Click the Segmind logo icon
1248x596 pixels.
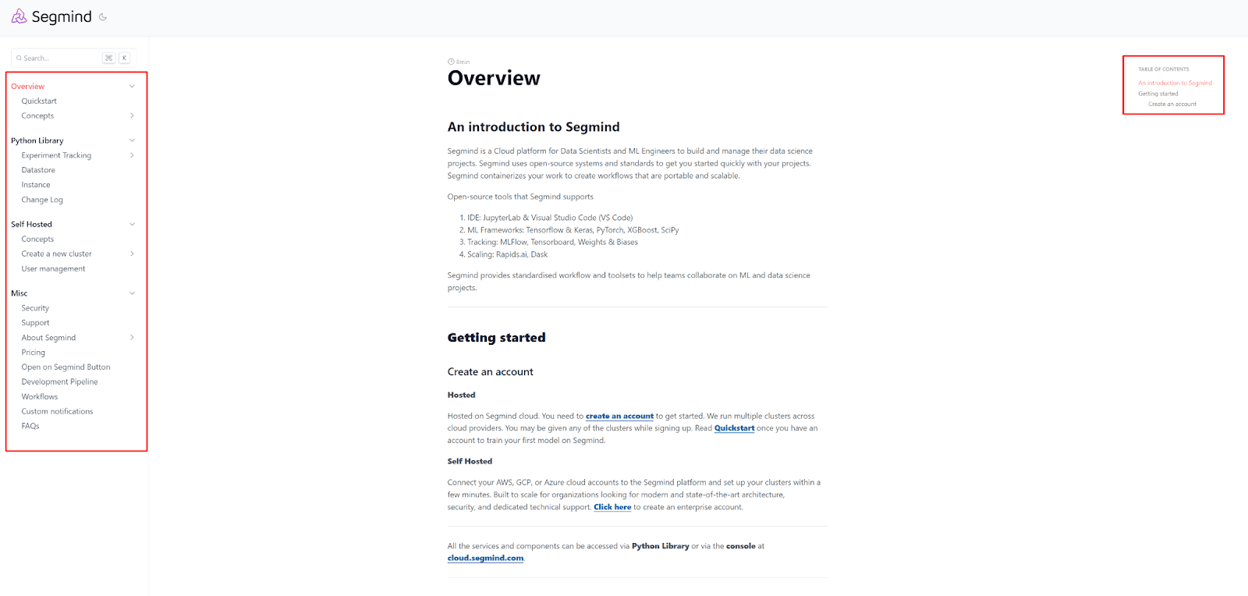point(19,16)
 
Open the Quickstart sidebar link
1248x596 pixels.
point(39,101)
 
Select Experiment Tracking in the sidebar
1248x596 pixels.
point(56,155)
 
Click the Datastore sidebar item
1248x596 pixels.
point(38,170)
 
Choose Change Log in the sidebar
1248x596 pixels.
point(42,200)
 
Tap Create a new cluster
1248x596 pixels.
point(56,254)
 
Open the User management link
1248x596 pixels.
point(53,268)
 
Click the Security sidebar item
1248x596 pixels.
point(35,308)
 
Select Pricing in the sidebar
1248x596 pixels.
point(34,353)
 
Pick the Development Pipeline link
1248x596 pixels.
point(59,382)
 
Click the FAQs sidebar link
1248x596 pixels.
point(30,426)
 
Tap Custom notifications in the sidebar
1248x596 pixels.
point(57,411)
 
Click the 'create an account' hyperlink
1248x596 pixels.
point(619,417)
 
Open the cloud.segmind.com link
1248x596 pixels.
point(485,559)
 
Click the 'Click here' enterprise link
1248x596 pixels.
point(612,507)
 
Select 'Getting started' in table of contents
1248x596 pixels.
point(1158,94)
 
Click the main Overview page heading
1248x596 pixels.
point(494,78)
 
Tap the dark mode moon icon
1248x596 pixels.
point(103,16)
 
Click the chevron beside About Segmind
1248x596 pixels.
point(132,338)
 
